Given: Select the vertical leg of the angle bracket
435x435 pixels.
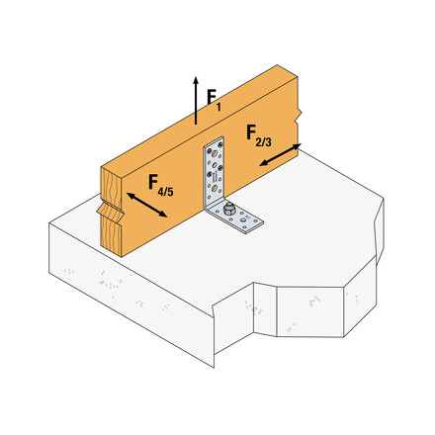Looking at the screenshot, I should (x=214, y=173).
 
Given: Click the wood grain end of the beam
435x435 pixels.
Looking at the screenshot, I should (x=114, y=213).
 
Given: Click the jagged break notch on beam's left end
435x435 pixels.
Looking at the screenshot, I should (x=106, y=213).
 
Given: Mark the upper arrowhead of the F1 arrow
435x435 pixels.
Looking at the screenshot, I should (x=196, y=78).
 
